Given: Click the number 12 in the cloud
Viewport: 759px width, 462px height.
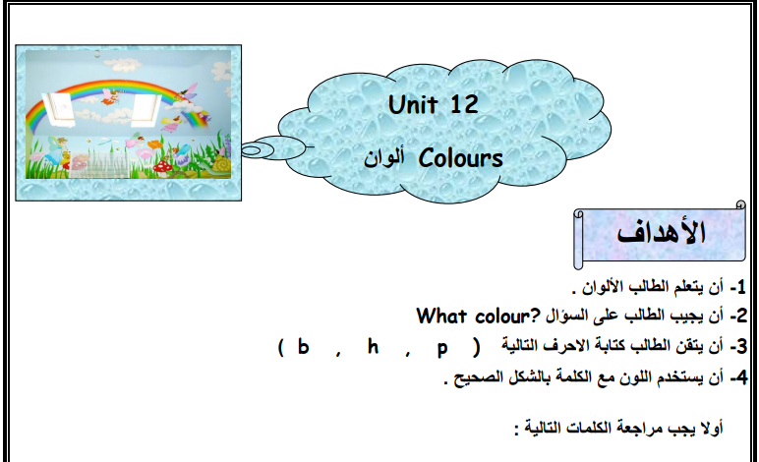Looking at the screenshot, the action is click(x=464, y=104).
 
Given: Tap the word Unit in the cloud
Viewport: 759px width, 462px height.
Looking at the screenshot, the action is click(x=413, y=104).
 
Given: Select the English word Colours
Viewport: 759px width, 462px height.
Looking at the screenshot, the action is click(x=461, y=158).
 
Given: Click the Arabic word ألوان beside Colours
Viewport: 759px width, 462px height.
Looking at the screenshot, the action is click(x=383, y=158).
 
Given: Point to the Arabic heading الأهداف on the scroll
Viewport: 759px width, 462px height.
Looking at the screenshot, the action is click(x=662, y=233).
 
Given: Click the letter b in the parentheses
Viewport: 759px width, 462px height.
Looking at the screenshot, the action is click(x=303, y=346).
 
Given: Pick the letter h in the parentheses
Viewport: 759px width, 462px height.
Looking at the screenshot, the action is click(x=373, y=346).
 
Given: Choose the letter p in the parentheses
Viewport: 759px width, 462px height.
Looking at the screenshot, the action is click(x=442, y=349).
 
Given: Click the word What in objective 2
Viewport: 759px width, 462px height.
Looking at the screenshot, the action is click(x=442, y=316).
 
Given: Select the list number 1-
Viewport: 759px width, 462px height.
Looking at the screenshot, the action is click(x=738, y=287).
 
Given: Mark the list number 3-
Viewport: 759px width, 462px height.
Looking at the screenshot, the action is click(x=738, y=347).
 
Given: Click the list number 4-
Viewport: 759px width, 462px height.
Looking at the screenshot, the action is click(x=738, y=377).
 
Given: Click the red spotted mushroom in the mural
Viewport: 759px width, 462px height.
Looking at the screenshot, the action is click(x=160, y=168).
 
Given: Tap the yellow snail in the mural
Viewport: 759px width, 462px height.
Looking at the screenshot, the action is click(x=221, y=164).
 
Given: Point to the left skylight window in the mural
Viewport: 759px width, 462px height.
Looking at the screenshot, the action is click(x=59, y=108).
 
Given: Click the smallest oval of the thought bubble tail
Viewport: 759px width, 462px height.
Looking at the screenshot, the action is click(x=251, y=150).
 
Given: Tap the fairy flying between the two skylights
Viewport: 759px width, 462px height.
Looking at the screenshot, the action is click(x=110, y=96).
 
